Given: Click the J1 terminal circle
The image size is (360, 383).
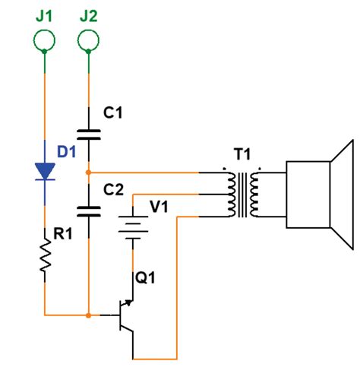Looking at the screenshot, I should point(45,37).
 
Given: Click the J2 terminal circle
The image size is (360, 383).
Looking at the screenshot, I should point(89,37).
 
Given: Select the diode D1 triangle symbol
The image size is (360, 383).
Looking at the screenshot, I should point(45,172).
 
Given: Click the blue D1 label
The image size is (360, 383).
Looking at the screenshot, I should point(67,150).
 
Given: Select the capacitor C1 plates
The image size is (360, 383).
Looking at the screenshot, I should point(89,135).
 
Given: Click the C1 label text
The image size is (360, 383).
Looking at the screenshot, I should point(113,113).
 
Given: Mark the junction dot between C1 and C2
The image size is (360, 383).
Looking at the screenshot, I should point(89,172).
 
